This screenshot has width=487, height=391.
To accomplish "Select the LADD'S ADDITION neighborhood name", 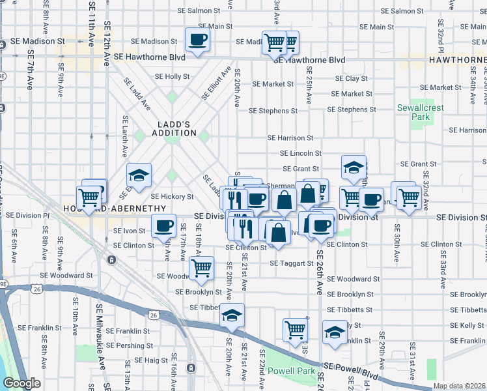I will coord(176,128).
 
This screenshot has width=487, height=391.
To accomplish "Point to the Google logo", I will coord(21,383).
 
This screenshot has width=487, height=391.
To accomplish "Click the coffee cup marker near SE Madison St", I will coord(198,40).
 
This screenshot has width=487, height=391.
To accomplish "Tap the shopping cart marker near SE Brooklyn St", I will coord(201,267).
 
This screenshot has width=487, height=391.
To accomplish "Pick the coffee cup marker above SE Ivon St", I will coord(163,226).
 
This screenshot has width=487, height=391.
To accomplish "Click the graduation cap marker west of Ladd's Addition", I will coord(139,175).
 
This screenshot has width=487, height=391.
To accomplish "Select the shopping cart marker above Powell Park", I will coord(295,329).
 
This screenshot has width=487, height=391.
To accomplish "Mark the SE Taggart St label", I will coord(293,263).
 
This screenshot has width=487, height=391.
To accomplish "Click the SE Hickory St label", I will coord(172,196).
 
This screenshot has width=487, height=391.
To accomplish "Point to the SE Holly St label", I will coord(176,76).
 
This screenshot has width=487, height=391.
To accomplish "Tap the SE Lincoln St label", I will coord(301,153).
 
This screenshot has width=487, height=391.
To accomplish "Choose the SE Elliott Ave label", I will coord(217,83).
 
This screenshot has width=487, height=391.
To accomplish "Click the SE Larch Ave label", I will coord(124,137).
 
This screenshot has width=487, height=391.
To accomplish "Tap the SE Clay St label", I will coord(351,79).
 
